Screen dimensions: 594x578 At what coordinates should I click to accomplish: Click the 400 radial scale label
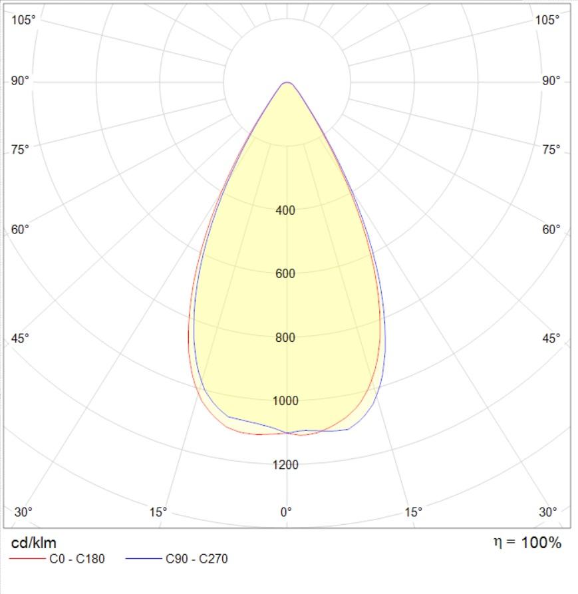coord(285,211)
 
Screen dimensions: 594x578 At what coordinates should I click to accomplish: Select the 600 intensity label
coord(285,274)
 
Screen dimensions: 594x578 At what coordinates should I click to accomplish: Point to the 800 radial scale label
coord(285,337)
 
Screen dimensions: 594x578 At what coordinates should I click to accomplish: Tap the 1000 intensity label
coord(285,400)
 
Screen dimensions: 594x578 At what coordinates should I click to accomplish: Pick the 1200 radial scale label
coord(285,464)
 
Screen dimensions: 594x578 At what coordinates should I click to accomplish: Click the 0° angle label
coord(286,512)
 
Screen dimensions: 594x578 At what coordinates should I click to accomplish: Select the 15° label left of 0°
coord(158,512)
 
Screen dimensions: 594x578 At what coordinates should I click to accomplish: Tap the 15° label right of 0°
coord(414,512)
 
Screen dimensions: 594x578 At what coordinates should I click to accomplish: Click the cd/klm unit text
coord(33,543)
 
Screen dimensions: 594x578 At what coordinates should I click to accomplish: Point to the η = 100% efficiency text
coord(527,543)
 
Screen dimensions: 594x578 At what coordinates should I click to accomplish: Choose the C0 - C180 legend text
coord(77,559)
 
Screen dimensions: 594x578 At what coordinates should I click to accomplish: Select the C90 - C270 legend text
coord(196,559)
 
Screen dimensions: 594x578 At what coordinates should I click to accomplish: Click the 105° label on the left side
coord(24,20)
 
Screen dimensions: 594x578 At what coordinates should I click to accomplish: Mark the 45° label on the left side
coord(21,339)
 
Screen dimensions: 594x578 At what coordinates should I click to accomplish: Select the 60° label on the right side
coord(551,230)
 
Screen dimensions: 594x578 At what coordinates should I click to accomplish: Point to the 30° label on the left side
coord(23,512)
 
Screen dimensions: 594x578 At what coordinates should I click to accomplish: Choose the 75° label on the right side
coord(551,150)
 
